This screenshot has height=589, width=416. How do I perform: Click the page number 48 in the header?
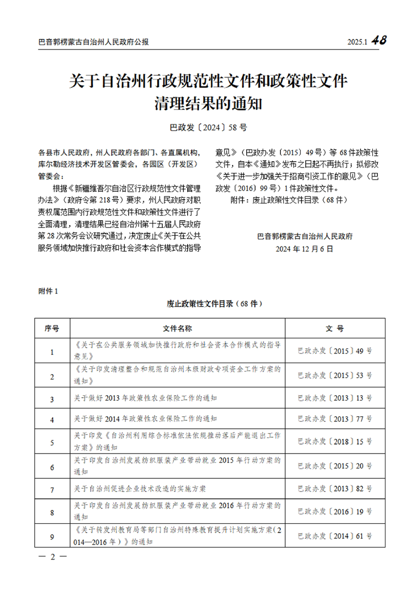click(x=379, y=41)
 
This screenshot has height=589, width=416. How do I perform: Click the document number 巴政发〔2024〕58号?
click(x=208, y=127)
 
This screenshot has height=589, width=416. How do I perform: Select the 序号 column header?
click(x=52, y=328)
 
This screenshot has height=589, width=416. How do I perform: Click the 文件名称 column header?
click(x=177, y=328)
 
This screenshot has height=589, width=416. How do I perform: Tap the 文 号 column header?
click(x=335, y=328)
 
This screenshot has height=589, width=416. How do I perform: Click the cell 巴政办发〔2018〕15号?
click(x=335, y=442)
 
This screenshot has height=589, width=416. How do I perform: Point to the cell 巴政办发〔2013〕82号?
click(x=335, y=489)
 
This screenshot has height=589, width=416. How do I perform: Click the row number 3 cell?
click(x=52, y=399)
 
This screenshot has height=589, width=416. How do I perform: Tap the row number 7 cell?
click(x=52, y=489)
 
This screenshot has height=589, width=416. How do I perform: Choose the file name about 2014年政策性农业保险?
click(x=146, y=419)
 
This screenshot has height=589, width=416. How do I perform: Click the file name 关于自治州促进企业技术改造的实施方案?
click(x=140, y=489)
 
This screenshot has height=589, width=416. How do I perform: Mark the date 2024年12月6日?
click(x=305, y=249)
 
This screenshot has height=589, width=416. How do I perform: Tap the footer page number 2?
click(x=52, y=557)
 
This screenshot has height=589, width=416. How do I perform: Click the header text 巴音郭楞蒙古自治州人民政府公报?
click(x=94, y=42)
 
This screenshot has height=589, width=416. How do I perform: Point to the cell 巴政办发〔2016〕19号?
click(x=335, y=511)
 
